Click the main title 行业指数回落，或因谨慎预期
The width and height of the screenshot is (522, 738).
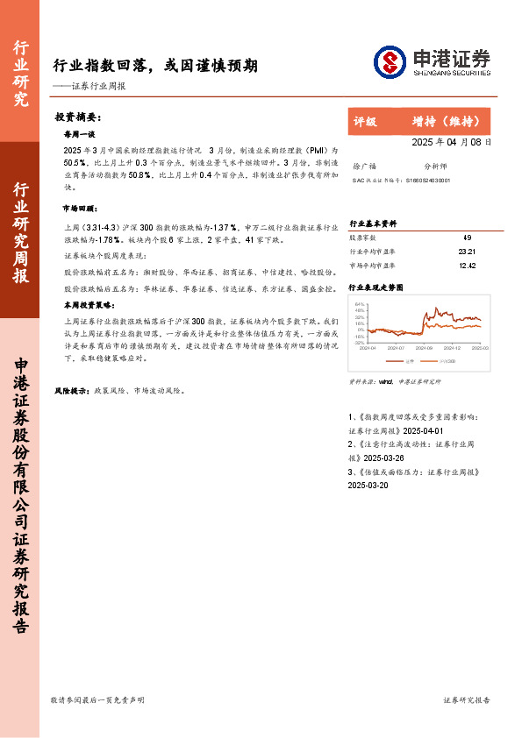[x=155, y=66]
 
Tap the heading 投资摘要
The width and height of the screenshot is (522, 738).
[x=77, y=117]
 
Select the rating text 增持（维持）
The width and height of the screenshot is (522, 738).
[x=447, y=121]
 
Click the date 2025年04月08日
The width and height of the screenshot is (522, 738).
[x=451, y=142]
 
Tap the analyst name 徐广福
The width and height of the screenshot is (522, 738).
[x=363, y=165]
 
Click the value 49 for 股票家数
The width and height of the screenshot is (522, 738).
[x=466, y=238]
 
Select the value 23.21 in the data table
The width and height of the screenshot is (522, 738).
[x=466, y=251]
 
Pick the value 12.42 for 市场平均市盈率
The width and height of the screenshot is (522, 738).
[x=466, y=265]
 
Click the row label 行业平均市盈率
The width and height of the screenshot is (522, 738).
[x=372, y=251]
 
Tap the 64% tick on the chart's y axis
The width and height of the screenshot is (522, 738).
[x=360, y=304]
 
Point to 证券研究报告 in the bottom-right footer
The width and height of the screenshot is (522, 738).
[x=466, y=700]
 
